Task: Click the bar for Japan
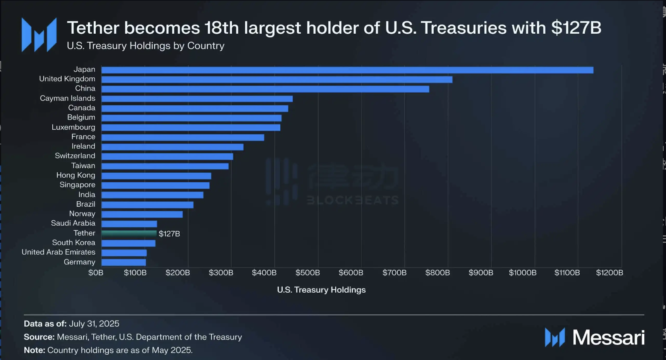[347, 70]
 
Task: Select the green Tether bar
[129, 233]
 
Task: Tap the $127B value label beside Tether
[169, 234]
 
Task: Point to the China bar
[265, 89]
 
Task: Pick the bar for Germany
[124, 262]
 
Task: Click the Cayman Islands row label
[67, 98]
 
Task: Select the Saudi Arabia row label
[73, 223]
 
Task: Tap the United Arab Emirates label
[58, 252]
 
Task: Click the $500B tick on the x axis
[307, 273]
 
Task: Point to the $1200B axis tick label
[609, 273]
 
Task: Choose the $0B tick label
[96, 273]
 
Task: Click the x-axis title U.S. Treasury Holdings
[321, 290]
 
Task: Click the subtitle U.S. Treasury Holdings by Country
[146, 46]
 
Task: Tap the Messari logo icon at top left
[39, 35]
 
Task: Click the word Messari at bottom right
[608, 338]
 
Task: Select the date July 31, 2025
[94, 324]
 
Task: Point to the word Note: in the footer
[34, 350]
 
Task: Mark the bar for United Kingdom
[277, 80]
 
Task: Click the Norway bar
[142, 214]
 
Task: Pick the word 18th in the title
[221, 28]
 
